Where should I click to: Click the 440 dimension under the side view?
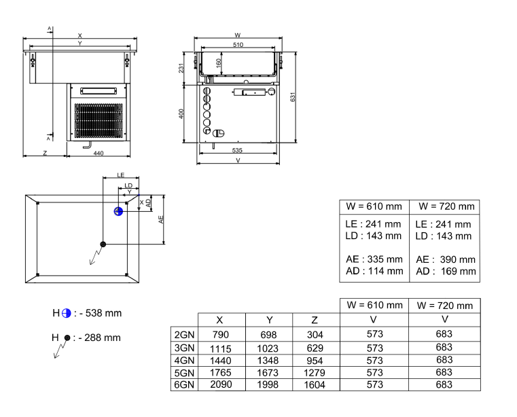pos(98,153)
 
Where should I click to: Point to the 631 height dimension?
pos(293,98)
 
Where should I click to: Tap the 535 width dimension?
pos(237,149)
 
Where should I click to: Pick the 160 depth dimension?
pos(219,63)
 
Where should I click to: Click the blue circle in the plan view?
pos(118,211)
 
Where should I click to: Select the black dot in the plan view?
pos(103,244)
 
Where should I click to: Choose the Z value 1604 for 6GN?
pos(315,385)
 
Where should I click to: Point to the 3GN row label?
pos(184,348)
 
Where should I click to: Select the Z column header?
pos(315,320)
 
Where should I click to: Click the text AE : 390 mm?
pos(445,259)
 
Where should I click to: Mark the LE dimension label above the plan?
pos(120,176)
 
